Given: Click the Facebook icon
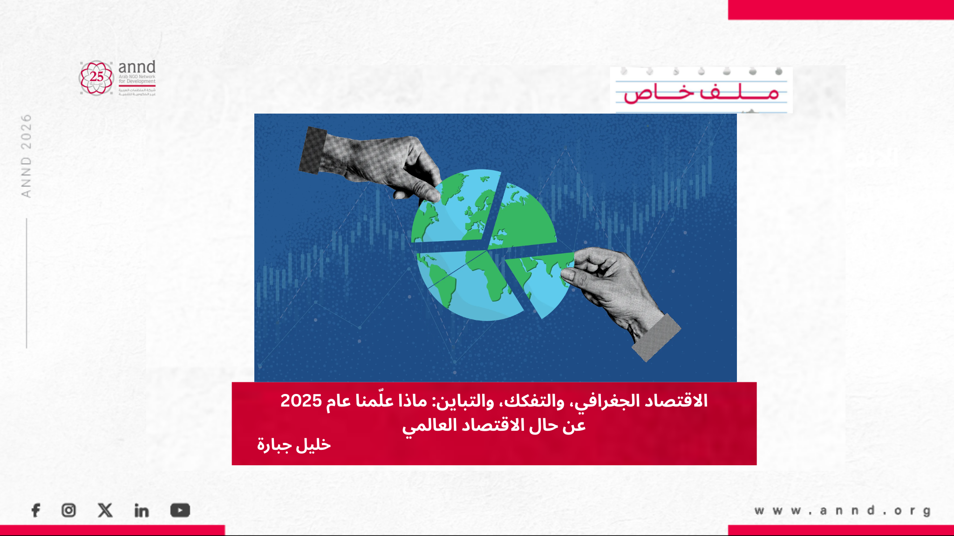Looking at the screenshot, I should pyautogui.click(x=36, y=510).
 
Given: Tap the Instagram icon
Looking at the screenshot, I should pyautogui.click(x=68, y=510).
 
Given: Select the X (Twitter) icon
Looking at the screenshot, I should pyautogui.click(x=105, y=510).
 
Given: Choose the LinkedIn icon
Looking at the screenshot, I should pyautogui.click(x=142, y=511).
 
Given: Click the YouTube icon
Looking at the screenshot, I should pyautogui.click(x=180, y=510).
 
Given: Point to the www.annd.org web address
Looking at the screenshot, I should pyautogui.click(x=842, y=511).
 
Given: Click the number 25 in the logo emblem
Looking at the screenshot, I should pyautogui.click(x=96, y=76).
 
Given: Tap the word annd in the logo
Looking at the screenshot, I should pyautogui.click(x=136, y=67).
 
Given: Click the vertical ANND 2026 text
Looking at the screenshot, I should pyautogui.click(x=26, y=156).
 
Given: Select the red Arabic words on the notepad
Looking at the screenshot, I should pyautogui.click(x=701, y=93).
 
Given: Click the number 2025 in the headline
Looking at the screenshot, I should pyautogui.click(x=301, y=401).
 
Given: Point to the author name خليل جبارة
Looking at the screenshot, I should pyautogui.click(x=294, y=445).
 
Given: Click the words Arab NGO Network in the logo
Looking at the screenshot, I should pyautogui.click(x=137, y=77).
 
